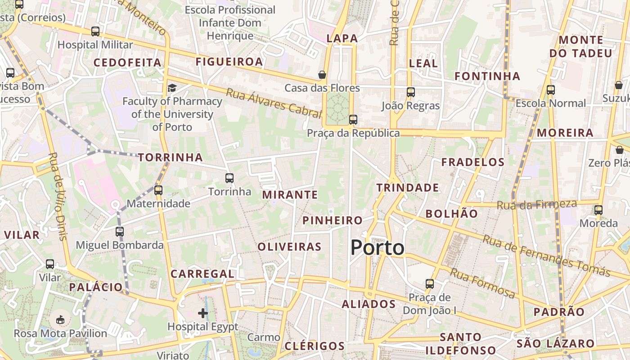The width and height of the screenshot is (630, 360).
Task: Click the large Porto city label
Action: point(377,247)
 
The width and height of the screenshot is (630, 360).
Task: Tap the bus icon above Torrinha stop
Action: point(229,178)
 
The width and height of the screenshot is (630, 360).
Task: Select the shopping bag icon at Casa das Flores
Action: point(322,75)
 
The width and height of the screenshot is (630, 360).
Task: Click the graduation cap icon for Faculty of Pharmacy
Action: point(172,88)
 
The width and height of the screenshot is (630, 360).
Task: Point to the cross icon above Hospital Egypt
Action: point(203,313)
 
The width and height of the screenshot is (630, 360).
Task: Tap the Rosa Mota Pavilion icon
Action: point(60,320)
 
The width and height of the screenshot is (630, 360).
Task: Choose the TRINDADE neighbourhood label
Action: point(407,188)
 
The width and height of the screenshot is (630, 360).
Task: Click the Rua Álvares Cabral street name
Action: point(273,103)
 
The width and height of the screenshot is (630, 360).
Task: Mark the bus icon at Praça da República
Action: point(353,120)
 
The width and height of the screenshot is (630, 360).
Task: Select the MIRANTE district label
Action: point(290,195)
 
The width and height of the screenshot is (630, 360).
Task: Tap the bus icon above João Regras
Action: point(410,92)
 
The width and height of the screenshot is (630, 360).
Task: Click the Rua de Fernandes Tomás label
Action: point(546,255)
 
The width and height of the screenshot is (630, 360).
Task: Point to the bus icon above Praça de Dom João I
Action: point(430,284)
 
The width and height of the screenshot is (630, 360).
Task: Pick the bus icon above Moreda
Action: point(598,210)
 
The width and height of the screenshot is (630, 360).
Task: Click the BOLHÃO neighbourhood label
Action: point(451,214)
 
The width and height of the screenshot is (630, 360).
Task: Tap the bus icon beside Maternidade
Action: point(158,190)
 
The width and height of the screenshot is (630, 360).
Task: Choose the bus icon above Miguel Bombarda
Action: point(119,232)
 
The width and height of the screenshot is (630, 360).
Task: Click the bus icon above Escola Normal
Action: point(551,90)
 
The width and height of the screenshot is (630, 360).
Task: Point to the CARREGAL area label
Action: point(202,274)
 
